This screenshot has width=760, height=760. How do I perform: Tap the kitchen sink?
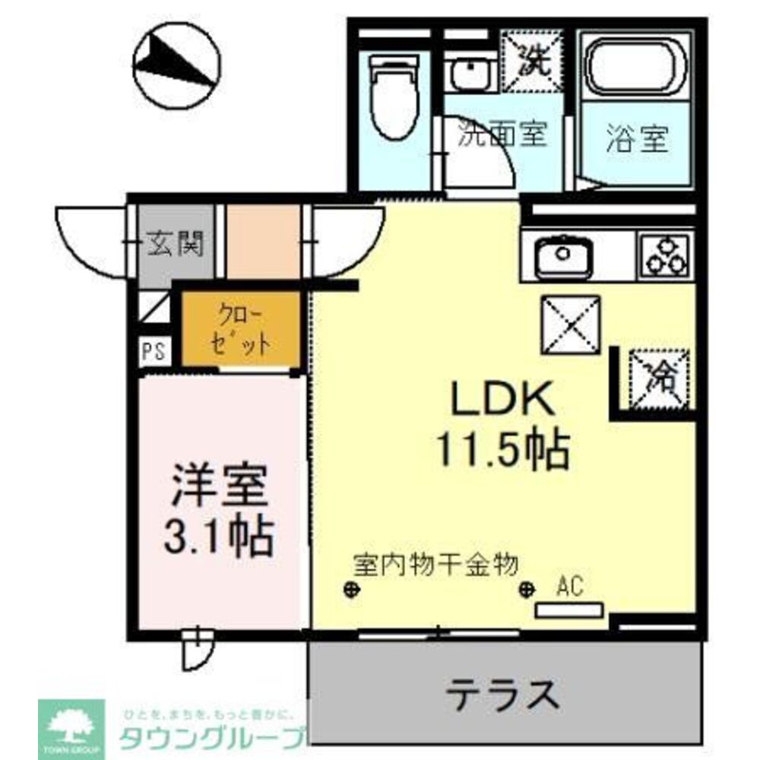pos(563,255)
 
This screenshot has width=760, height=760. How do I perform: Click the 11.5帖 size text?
pos(502,448)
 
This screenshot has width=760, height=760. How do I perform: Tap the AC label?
pos(569,586)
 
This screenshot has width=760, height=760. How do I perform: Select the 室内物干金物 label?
pos(435,565)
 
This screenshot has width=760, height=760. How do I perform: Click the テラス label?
pos(503,693)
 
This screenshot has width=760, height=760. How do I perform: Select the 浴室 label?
pos(638,140)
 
